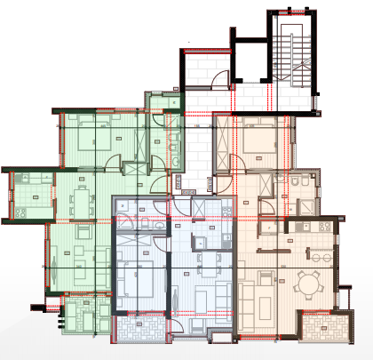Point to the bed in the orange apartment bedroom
(258, 138)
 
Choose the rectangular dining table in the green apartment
(81, 201)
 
